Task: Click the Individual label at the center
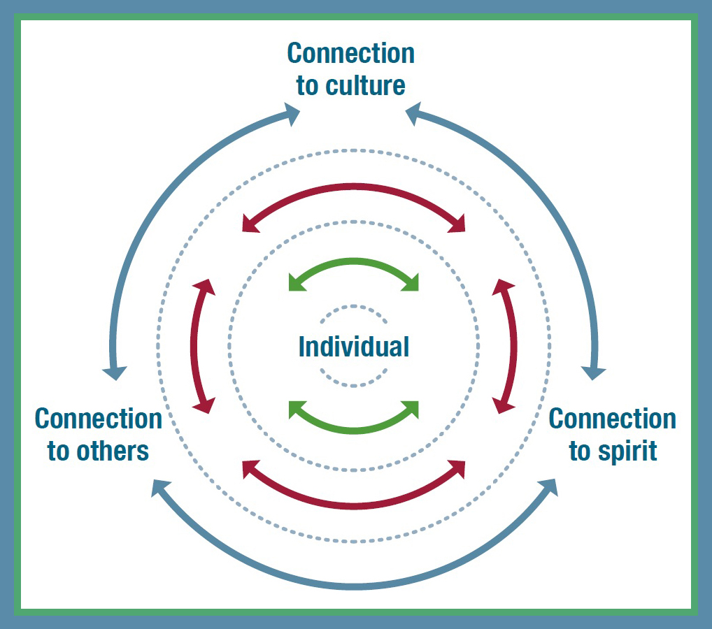click(354, 347)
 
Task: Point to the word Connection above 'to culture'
click(350, 54)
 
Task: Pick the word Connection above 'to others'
click(99, 419)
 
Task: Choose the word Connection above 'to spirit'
click(613, 419)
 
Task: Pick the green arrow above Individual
click(354, 263)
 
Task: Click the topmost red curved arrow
click(354, 188)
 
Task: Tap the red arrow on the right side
click(513, 346)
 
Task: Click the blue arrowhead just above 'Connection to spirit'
click(594, 370)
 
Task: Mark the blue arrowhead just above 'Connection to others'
click(114, 370)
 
